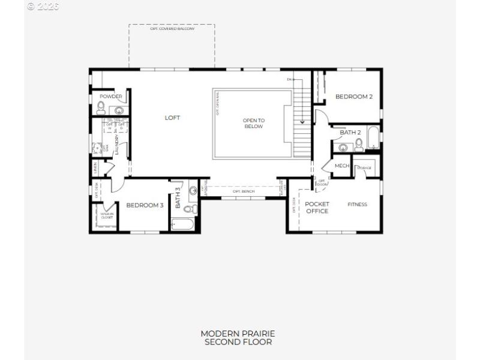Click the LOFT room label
pyautogui.click(x=172, y=118)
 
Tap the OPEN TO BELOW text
pyautogui.click(x=253, y=124)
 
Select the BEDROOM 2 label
pyautogui.click(x=354, y=97)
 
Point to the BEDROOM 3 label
pyautogui.click(x=145, y=205)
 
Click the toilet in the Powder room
pyautogui.click(x=101, y=109)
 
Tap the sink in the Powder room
pyautogui.click(x=119, y=110)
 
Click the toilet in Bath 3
pyautogui.click(x=188, y=209)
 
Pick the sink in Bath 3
pyautogui.click(x=193, y=191)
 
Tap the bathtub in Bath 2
pyautogui.click(x=373, y=139)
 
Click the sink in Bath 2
pyautogui.click(x=343, y=147)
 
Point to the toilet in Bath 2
pyautogui.click(x=359, y=145)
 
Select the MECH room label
pyautogui.click(x=341, y=166)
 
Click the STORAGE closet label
pyautogui.click(x=364, y=168)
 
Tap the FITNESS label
pyautogui.click(x=357, y=205)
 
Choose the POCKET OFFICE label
pyautogui.click(x=317, y=208)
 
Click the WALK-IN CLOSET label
pyautogui.click(x=107, y=215)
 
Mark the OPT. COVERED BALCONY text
pyautogui.click(x=172, y=29)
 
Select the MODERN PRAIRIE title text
pyautogui.click(x=238, y=334)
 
